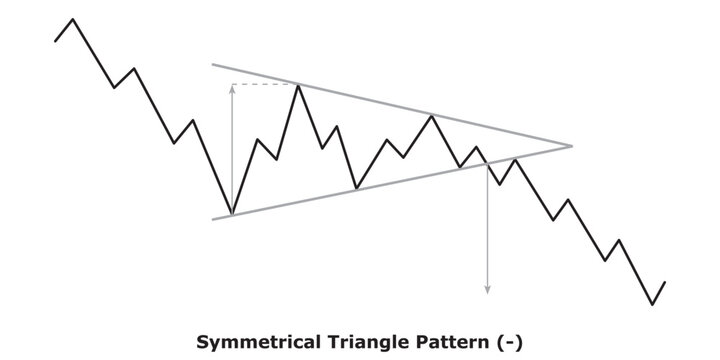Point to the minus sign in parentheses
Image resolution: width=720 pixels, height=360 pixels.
pos(511,342)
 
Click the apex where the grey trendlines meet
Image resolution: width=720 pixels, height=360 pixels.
pos(571,147)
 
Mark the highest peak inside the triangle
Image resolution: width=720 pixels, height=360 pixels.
pos(298,85)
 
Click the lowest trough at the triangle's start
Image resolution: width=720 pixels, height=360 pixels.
pos(232,214)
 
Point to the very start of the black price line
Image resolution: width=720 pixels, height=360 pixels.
pos(55,40)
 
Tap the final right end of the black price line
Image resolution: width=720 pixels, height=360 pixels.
pos(664,282)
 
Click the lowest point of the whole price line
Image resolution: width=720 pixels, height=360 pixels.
pos(652,304)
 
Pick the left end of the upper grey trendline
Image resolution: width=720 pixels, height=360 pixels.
pos(212,65)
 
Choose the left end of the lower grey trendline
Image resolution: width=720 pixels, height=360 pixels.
pos(212,218)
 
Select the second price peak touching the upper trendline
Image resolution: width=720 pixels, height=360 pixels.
pos(432,116)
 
